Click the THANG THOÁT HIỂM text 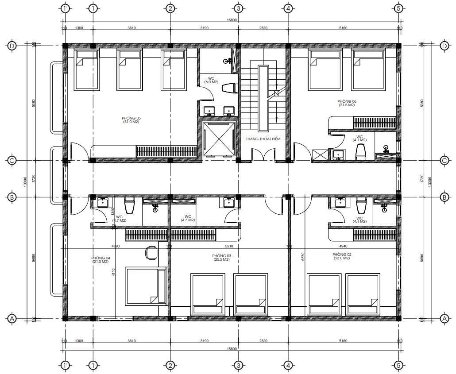(x=263, y=139)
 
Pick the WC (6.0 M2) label (x=211, y=80)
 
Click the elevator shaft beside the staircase (x=217, y=139)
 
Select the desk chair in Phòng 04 (x=151, y=252)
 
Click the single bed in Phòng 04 (x=145, y=285)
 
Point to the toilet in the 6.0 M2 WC (x=229, y=89)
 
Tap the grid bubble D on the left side (x=12, y=46)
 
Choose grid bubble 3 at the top (x=238, y=8)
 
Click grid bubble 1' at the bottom (x=65, y=365)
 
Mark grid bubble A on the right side (x=444, y=318)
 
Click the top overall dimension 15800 (x=232, y=20)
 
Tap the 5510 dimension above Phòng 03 (x=229, y=246)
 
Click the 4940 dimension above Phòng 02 (x=344, y=246)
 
